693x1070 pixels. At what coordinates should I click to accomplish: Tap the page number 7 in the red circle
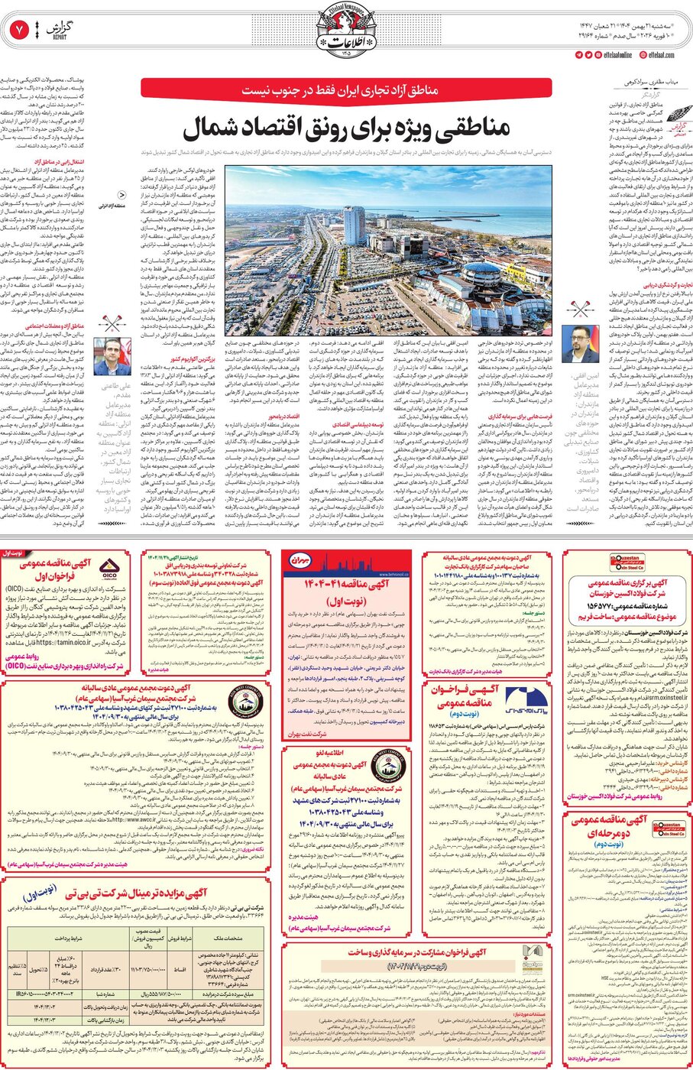tap(18, 31)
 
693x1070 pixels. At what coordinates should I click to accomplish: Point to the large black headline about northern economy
tap(345, 128)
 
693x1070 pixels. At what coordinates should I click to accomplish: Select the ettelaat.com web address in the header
tap(661, 55)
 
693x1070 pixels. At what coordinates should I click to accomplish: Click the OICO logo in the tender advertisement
tap(108, 569)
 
